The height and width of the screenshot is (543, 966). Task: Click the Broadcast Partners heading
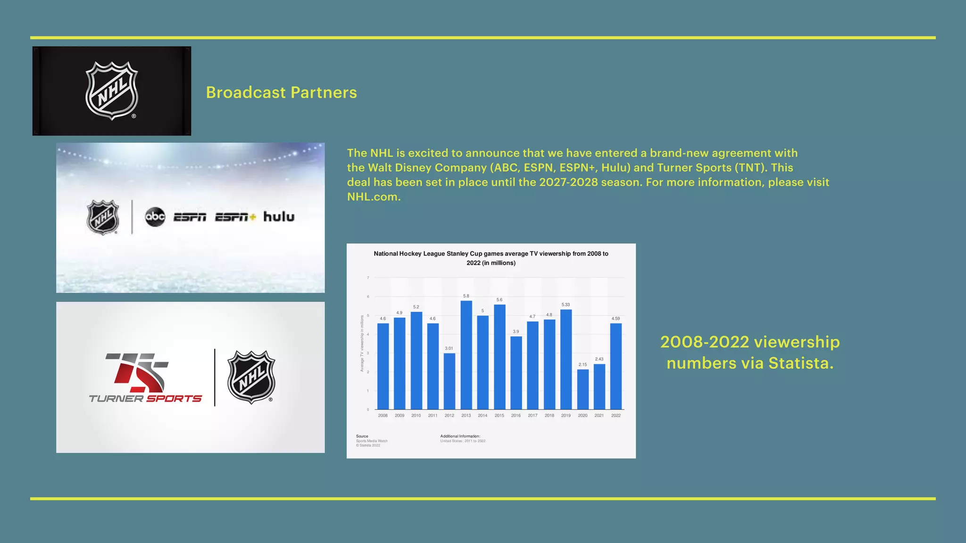tap(281, 92)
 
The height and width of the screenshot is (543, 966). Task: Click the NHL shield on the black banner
tap(112, 90)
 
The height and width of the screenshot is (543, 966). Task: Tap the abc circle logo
tap(155, 216)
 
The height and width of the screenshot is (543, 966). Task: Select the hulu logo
tap(279, 216)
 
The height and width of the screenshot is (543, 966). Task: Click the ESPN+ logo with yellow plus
tap(235, 217)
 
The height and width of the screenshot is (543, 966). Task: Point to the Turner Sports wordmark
tap(145, 399)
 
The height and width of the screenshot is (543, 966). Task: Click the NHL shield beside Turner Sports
tap(251, 377)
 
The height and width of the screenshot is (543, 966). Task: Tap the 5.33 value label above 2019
tap(566, 305)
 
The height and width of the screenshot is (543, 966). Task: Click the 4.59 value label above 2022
tap(616, 319)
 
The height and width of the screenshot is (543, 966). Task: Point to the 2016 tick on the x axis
tap(516, 416)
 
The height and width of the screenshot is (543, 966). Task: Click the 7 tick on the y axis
tap(368, 278)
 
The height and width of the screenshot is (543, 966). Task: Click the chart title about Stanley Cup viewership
tap(491, 258)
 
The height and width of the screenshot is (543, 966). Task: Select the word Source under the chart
tap(362, 436)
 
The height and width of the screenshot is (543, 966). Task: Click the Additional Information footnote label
tap(460, 436)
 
